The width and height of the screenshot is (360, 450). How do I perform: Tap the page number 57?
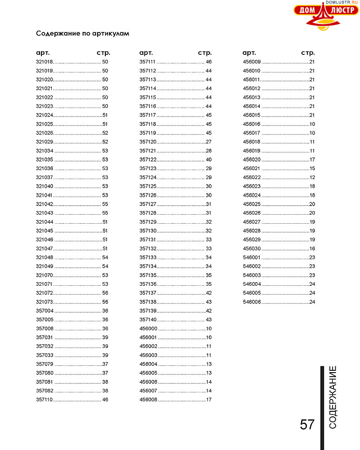point(307,424)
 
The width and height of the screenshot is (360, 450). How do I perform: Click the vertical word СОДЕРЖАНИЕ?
point(333,397)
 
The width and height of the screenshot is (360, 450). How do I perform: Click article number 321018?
point(45,62)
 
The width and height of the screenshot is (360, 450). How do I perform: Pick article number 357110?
point(45,400)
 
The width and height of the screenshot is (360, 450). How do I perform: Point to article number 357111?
point(148,62)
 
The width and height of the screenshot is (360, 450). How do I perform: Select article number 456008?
point(148,400)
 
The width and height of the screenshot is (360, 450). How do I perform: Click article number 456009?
point(252,62)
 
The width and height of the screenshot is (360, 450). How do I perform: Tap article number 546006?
point(252,302)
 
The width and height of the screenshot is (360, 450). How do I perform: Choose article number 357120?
point(148,142)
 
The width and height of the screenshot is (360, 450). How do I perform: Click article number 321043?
point(45,213)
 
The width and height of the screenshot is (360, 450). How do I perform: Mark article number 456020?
point(252,160)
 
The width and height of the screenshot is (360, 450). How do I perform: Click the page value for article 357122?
point(208,160)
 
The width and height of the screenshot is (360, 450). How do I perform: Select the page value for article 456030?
point(312,249)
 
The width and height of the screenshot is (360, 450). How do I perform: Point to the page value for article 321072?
point(105,293)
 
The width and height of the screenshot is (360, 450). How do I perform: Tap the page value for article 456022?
point(312,177)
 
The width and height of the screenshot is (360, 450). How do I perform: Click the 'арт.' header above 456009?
point(249,53)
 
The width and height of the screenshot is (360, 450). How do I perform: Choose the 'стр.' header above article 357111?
point(205,53)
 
